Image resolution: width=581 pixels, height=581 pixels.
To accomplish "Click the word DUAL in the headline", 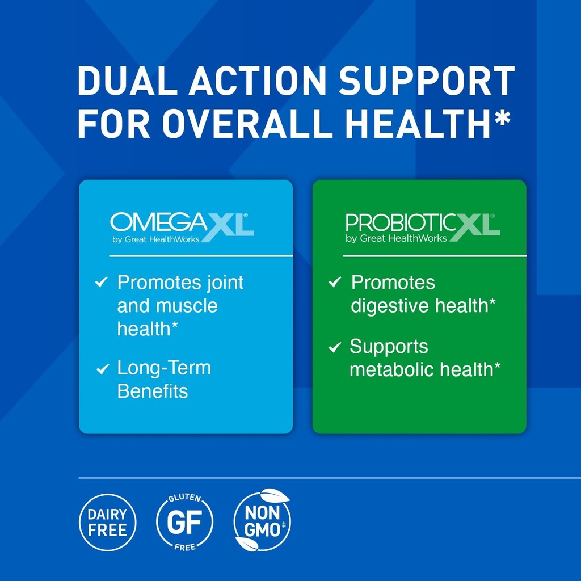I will click(x=124, y=81).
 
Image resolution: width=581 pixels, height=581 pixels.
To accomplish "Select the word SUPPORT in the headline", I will click(x=426, y=81).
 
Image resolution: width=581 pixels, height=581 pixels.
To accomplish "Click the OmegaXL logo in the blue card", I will click(x=182, y=228).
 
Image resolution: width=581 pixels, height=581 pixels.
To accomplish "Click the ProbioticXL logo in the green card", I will click(x=422, y=228).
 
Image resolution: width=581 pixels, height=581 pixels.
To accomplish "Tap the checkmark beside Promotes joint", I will click(x=102, y=282).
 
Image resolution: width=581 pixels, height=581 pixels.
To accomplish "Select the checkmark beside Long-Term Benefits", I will click(x=102, y=369).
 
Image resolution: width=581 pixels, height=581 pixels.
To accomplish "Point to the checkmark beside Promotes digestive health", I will click(x=335, y=282).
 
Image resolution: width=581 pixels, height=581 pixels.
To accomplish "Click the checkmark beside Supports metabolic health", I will click(x=335, y=347).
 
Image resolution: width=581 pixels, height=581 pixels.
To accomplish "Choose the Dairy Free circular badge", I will click(x=107, y=523).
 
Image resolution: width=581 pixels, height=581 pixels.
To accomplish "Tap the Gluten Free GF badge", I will click(x=184, y=523).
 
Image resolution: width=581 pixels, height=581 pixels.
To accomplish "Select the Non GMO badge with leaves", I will click(x=263, y=520).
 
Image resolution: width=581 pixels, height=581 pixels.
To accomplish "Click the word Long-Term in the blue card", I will click(x=164, y=368).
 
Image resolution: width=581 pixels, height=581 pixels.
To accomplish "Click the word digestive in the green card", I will click(x=390, y=306).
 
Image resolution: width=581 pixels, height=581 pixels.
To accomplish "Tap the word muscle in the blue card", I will click(x=187, y=306).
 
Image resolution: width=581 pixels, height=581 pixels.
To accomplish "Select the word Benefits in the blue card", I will click(x=152, y=391).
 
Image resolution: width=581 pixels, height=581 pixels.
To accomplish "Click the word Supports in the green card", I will click(x=389, y=347).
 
